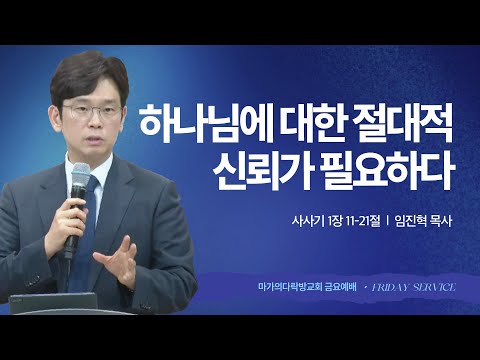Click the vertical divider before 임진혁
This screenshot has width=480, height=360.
tap(386, 221)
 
